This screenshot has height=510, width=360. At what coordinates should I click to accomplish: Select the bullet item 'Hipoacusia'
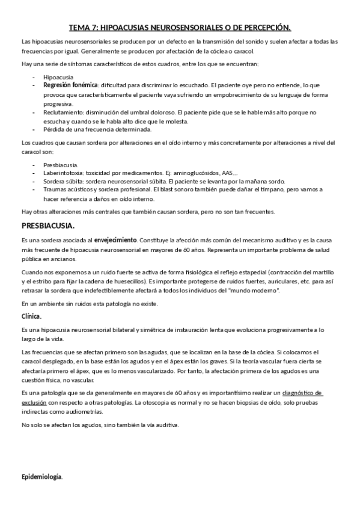pyautogui.click(x=58, y=78)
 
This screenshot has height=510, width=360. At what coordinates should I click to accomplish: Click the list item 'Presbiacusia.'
pyautogui.click(x=61, y=164)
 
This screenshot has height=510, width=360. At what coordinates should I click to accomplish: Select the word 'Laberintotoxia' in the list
pyautogui.click(x=63, y=173)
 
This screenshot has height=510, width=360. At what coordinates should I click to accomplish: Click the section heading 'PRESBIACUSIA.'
pyautogui.click(x=48, y=226)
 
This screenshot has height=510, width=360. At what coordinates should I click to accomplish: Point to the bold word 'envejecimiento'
pyautogui.click(x=115, y=240)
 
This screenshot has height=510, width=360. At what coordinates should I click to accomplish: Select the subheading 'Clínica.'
pyautogui.click(x=31, y=316)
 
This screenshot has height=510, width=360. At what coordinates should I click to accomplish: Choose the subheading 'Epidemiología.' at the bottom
pyautogui.click(x=41, y=477)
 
